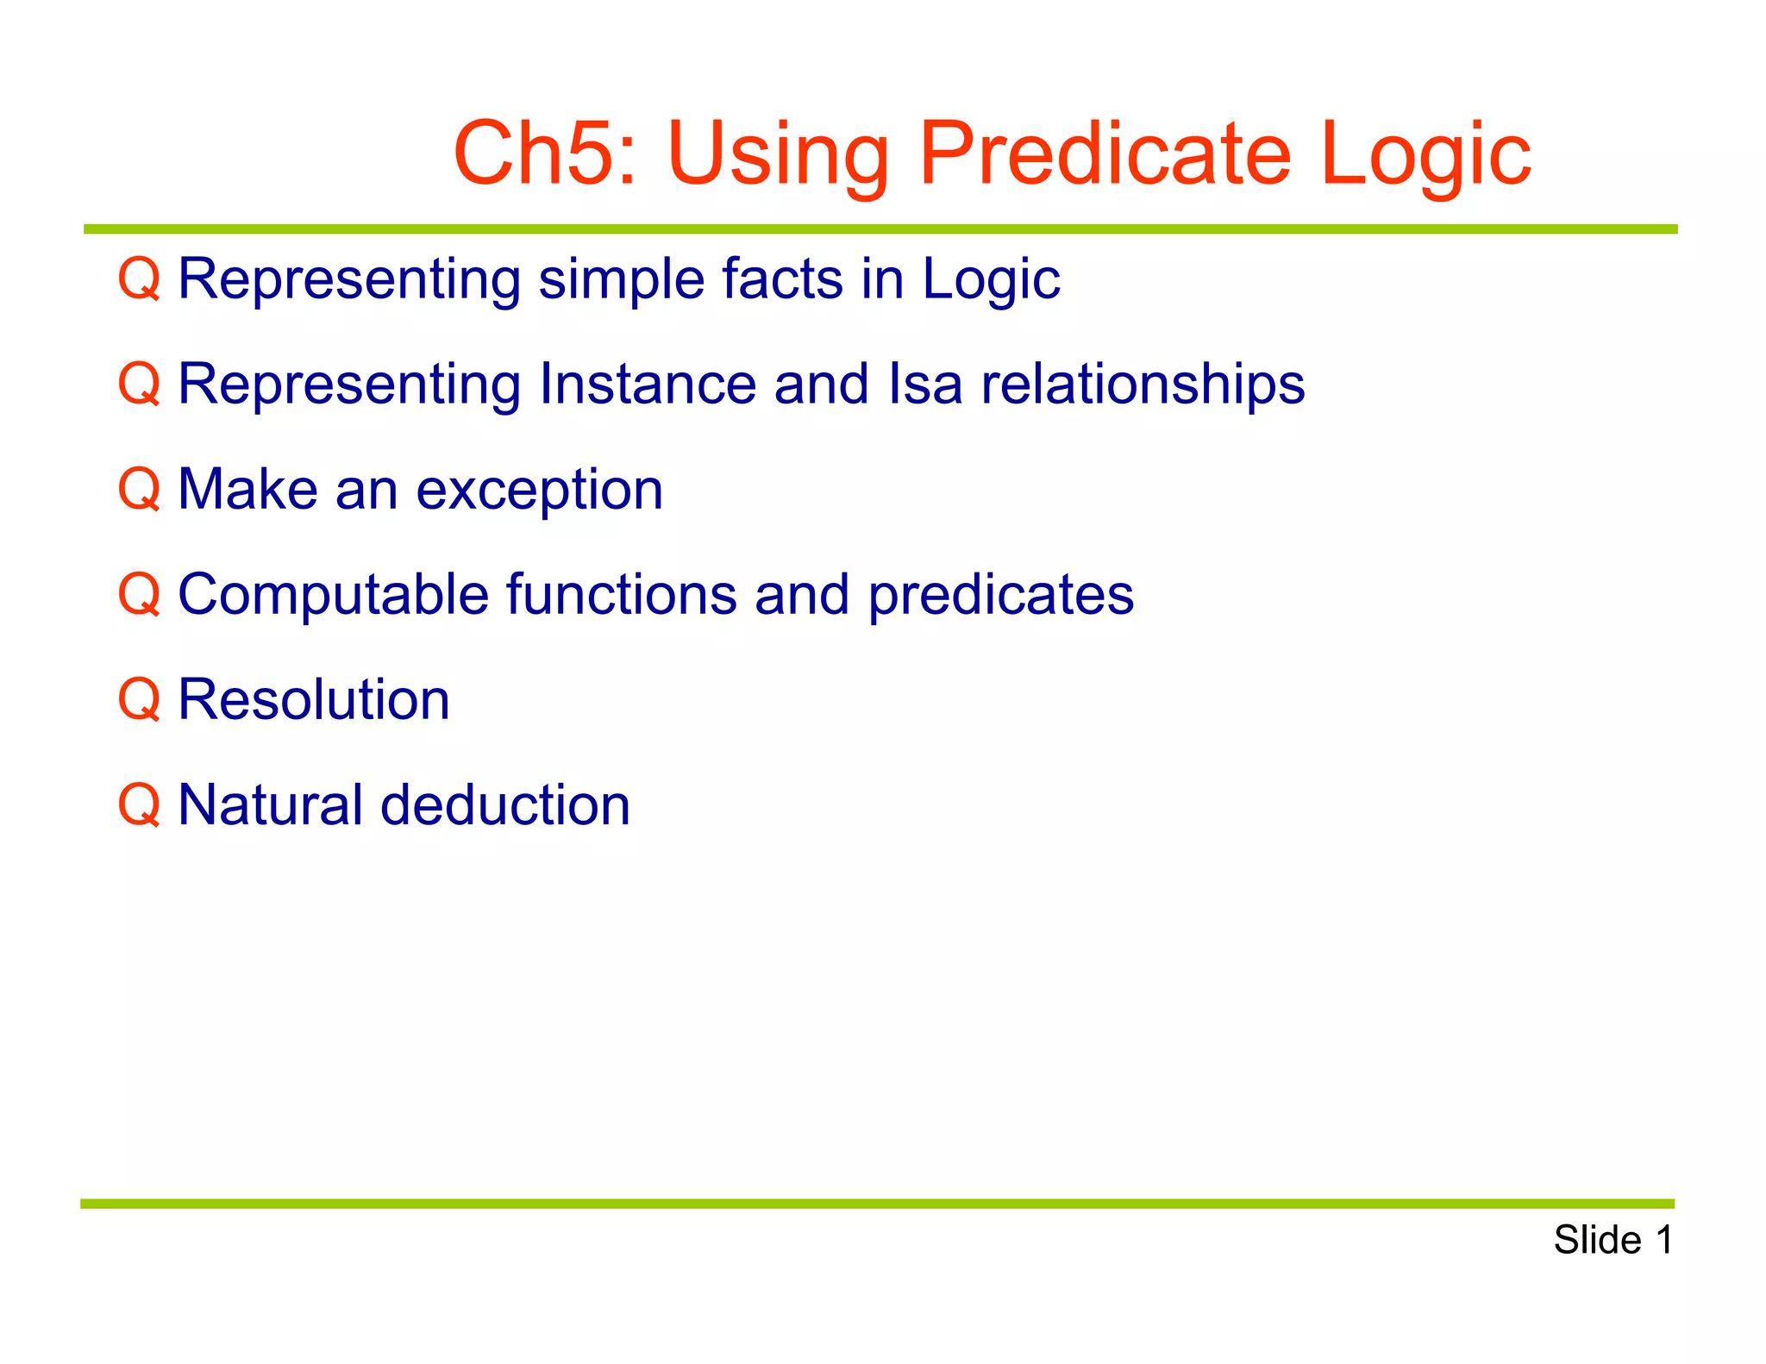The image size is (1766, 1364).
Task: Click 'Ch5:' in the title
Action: click(x=545, y=153)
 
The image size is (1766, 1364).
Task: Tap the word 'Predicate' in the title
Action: click(x=1105, y=153)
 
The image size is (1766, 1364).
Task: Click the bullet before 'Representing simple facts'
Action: click(x=139, y=278)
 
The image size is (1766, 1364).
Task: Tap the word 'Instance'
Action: click(x=648, y=384)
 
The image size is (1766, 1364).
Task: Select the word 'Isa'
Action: click(x=925, y=384)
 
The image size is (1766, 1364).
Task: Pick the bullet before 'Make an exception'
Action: click(x=139, y=489)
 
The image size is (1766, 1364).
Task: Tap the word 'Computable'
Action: click(x=332, y=595)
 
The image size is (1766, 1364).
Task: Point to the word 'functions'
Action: click(x=621, y=594)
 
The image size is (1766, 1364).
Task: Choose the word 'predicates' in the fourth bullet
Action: click(x=1000, y=596)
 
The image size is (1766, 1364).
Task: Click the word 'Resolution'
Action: click(x=314, y=699)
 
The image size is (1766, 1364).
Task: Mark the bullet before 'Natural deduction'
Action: click(x=139, y=804)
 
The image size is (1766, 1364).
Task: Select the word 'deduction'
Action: click(x=505, y=804)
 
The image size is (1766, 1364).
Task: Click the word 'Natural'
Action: click(x=270, y=804)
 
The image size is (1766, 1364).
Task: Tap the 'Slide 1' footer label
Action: click(x=1613, y=1240)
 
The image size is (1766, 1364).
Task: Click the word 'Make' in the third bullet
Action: click(x=247, y=489)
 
